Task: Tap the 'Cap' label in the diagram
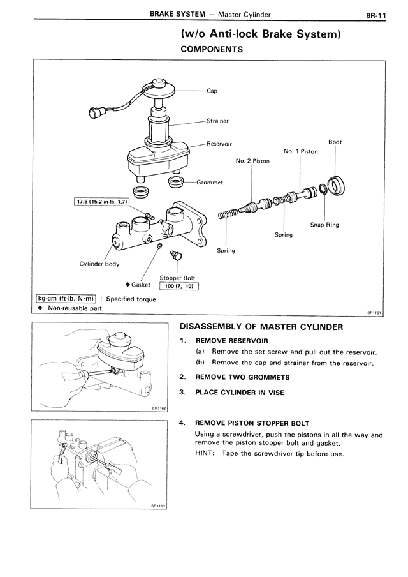click(212, 91)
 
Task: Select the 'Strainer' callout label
click(217, 120)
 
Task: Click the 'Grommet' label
click(210, 183)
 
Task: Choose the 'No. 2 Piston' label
click(252, 161)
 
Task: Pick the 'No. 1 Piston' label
click(300, 151)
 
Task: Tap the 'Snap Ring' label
click(324, 225)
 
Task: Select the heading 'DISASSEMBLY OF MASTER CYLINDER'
click(261, 327)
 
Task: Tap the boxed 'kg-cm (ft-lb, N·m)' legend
click(66, 299)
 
